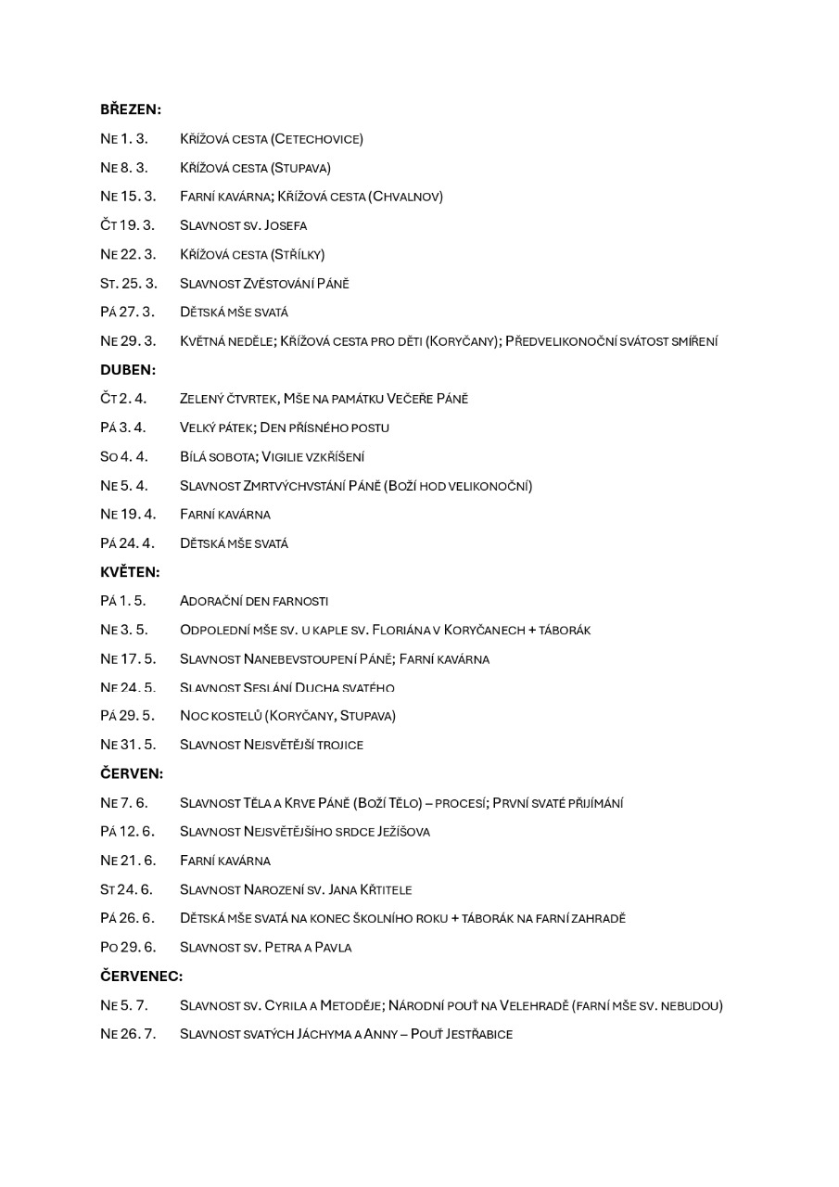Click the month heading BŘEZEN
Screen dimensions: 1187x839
point(131,109)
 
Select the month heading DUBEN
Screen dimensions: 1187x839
point(128,369)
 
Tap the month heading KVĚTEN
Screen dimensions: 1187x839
point(130,571)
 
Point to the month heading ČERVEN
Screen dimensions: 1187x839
point(132,773)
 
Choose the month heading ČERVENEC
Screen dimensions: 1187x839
point(142,976)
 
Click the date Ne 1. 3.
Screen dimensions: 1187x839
point(123,139)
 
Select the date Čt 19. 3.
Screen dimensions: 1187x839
point(127,225)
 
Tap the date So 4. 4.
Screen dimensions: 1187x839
point(123,456)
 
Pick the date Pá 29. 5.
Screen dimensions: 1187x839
point(127,716)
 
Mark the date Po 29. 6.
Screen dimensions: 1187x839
point(128,947)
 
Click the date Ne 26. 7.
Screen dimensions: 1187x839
point(128,1033)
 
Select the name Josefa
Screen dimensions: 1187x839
point(286,225)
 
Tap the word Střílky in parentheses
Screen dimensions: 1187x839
point(298,254)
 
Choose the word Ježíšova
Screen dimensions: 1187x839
point(401,831)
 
